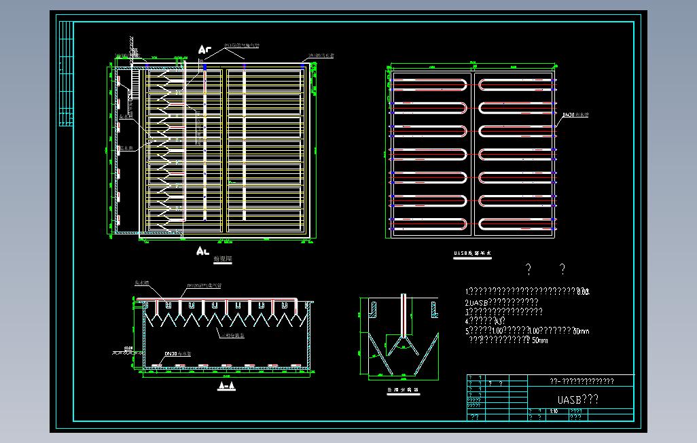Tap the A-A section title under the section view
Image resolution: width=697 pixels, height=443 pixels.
tap(226, 386)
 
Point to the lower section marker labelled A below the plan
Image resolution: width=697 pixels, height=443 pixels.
tap(202, 251)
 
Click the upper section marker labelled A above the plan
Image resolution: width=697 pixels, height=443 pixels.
tap(203, 50)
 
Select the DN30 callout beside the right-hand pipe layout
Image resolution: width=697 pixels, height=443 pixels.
tap(575, 116)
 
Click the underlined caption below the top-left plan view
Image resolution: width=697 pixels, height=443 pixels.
tap(222, 260)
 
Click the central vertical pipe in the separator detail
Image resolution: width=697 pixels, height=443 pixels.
tap(404, 315)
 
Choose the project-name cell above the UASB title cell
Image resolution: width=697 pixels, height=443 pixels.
tap(581, 381)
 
